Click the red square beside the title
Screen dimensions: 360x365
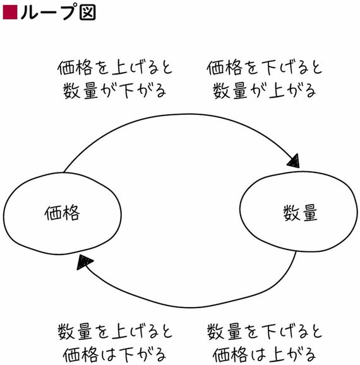10,12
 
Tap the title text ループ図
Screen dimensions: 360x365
58,12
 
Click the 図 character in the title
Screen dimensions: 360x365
88,12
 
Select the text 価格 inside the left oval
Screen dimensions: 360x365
62,213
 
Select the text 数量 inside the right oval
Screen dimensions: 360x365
301,213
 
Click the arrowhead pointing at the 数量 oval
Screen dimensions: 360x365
294,161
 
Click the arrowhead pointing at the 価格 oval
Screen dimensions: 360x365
84,262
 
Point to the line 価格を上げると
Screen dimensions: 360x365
115,68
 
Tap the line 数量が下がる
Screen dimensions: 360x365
115,91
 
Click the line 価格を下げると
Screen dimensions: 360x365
265,68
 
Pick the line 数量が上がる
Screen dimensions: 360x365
265,91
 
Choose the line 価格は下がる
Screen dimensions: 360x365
115,355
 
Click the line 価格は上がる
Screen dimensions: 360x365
265,355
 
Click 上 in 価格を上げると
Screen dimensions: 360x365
119,68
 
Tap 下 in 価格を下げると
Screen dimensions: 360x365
270,68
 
